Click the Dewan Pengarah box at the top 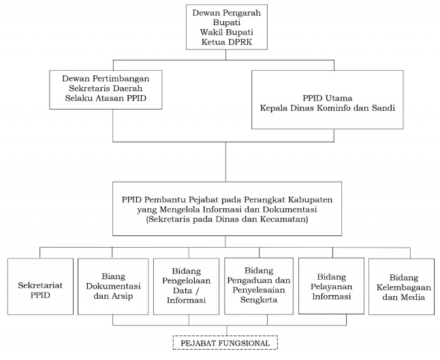pos(226,27)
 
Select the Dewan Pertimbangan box pos(106,90)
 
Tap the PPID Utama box pos(327,99)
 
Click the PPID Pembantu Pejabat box pos(227,209)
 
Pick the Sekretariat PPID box pos(40,287)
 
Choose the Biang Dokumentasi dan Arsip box pos(113,287)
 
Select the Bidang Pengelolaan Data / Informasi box pos(187,287)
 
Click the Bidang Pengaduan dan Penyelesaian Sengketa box pos(259,286)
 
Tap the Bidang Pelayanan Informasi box pos(332,286)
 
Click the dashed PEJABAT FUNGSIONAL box pos(225,342)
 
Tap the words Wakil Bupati pos(226,32)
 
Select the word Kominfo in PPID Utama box pos(333,108)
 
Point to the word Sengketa pos(259,299)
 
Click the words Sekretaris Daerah pos(106,88)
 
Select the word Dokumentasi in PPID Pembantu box pos(290,209)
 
